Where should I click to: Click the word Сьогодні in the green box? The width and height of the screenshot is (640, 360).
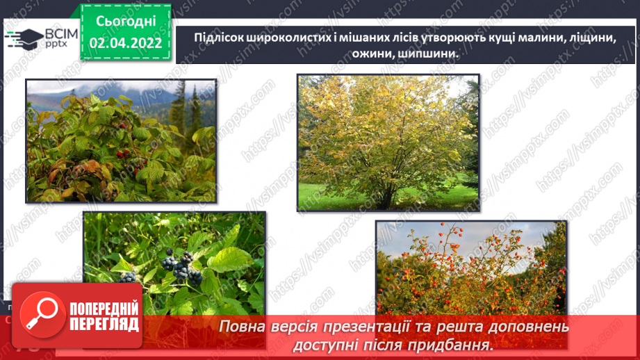(x=125, y=21)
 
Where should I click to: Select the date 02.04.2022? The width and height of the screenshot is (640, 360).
(x=125, y=43)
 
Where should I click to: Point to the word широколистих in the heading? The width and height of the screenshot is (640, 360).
(x=289, y=38)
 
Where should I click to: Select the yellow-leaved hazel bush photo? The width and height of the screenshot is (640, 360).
(x=388, y=142)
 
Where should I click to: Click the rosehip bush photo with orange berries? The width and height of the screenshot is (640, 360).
(x=470, y=268)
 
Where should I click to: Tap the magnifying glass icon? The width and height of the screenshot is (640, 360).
(x=39, y=314)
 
